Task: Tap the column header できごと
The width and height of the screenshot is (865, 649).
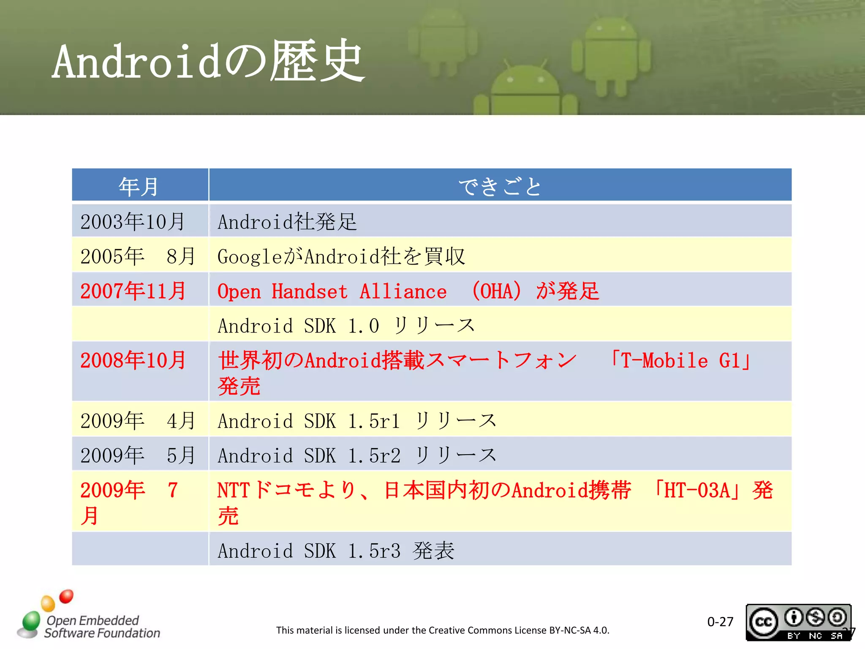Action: point(500,186)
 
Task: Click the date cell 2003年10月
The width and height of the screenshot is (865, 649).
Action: point(133,222)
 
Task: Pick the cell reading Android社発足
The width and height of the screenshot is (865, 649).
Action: point(287,222)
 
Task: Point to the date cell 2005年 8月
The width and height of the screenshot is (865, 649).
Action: point(138,256)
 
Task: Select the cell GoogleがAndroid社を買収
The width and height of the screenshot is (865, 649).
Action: point(341,256)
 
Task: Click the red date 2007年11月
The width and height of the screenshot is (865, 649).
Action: point(133,291)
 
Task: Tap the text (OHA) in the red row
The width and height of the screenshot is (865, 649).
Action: point(497,291)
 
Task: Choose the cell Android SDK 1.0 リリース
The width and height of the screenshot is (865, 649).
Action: point(346,326)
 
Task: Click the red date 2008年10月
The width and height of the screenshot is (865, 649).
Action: point(133,360)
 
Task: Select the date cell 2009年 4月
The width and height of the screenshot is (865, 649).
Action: point(138,421)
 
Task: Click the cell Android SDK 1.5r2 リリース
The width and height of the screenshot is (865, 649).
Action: point(357,455)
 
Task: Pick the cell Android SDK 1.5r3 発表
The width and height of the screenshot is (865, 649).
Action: point(336,551)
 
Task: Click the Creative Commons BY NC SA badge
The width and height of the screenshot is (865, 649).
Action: point(798,622)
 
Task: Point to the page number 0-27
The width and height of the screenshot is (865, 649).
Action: point(720,622)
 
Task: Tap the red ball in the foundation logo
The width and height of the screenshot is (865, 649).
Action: point(66,596)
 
